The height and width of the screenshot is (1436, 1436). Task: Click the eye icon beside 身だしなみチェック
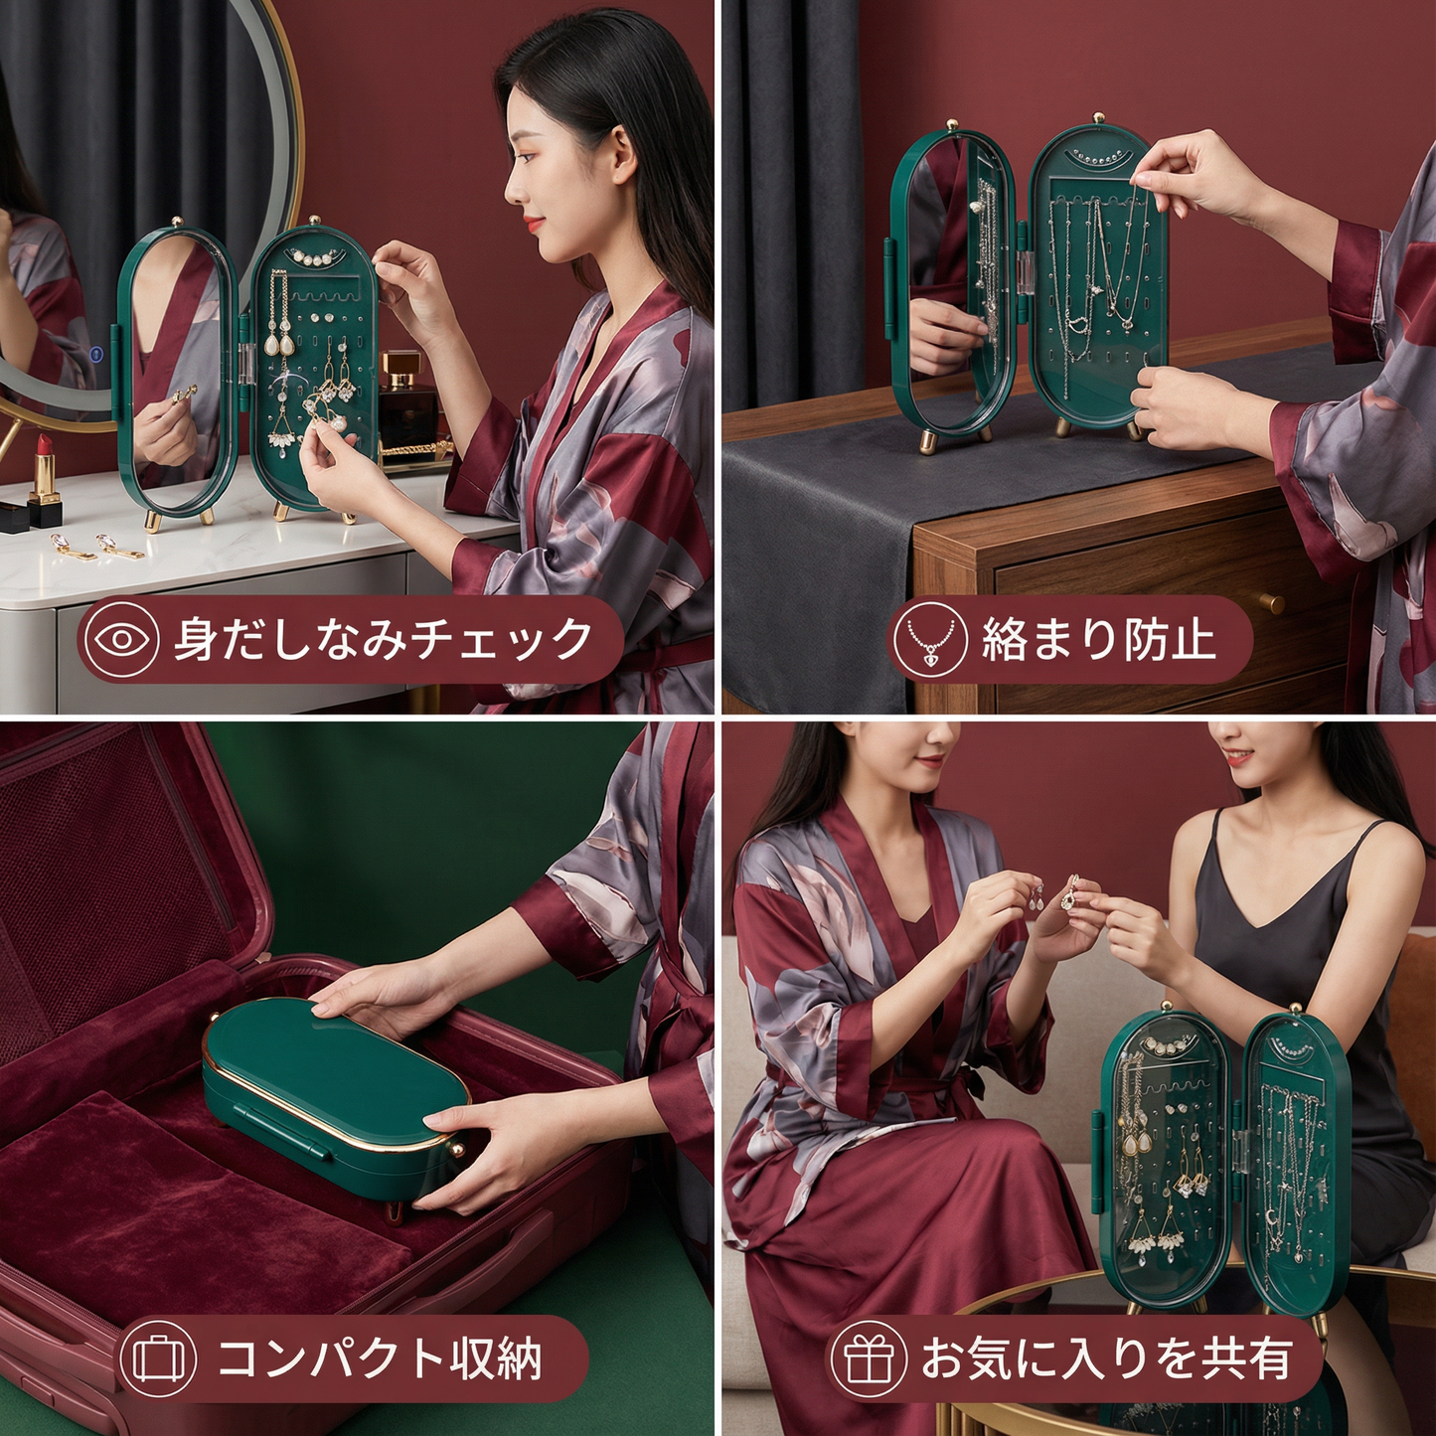point(121,639)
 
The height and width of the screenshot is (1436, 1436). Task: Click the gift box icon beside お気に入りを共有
point(869,1358)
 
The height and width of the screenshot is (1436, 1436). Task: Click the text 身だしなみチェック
point(383,639)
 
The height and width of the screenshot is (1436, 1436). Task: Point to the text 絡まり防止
point(1098,639)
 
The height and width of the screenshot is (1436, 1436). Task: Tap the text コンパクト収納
point(380,1358)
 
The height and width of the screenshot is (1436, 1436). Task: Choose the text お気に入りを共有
point(1106,1358)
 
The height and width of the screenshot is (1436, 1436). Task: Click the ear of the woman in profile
point(622,159)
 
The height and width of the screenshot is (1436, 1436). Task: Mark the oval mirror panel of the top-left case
point(177,373)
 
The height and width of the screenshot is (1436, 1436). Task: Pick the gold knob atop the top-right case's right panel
point(1099,119)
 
